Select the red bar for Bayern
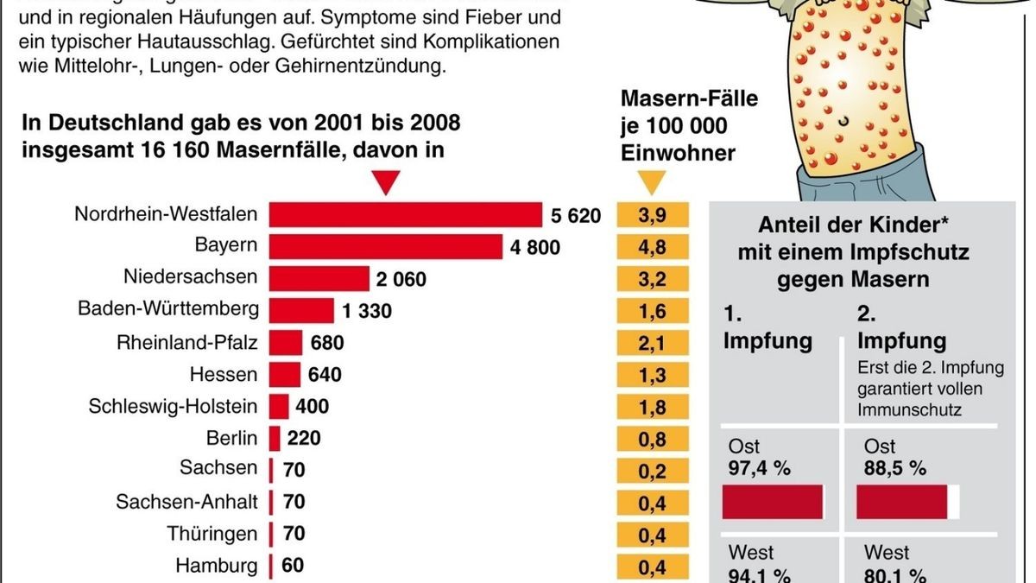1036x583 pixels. (x=385, y=248)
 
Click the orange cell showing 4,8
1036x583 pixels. (x=654, y=248)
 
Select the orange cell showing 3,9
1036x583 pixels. (x=654, y=216)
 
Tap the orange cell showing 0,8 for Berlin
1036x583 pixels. (x=654, y=439)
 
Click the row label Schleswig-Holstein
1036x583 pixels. (x=173, y=407)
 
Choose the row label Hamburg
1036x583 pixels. (x=216, y=567)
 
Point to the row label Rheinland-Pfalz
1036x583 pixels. (x=186, y=343)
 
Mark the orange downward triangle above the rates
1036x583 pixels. (x=652, y=182)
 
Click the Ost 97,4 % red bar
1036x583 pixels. (x=773, y=502)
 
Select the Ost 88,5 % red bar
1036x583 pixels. (x=902, y=502)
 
